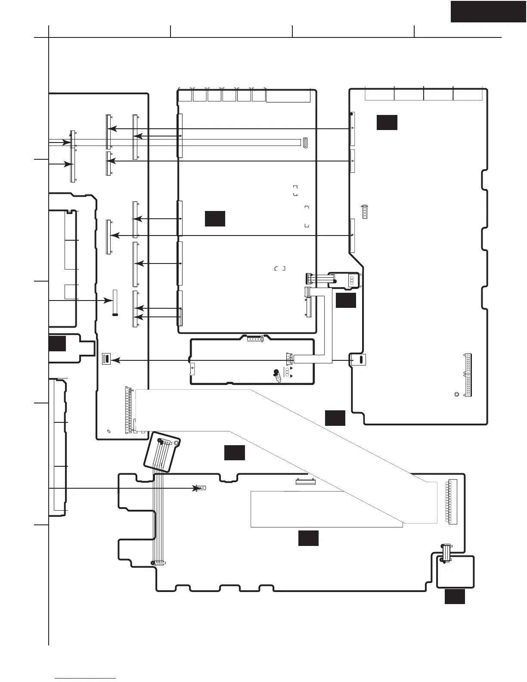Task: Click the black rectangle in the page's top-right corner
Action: tap(488, 11)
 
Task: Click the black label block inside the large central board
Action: tap(215, 218)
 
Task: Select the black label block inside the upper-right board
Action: tap(387, 122)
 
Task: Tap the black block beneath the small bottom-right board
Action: tap(455, 596)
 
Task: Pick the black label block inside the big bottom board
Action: tap(308, 538)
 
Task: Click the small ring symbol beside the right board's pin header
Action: tap(456, 394)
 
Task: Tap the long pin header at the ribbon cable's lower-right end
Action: tap(453, 501)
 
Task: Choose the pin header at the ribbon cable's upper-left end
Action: tap(127, 409)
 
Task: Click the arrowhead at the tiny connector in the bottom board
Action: tap(198, 488)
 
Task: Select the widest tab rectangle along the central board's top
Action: tap(288, 96)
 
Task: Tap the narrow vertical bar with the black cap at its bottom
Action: tap(115, 302)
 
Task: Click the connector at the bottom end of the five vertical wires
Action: tap(158, 563)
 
